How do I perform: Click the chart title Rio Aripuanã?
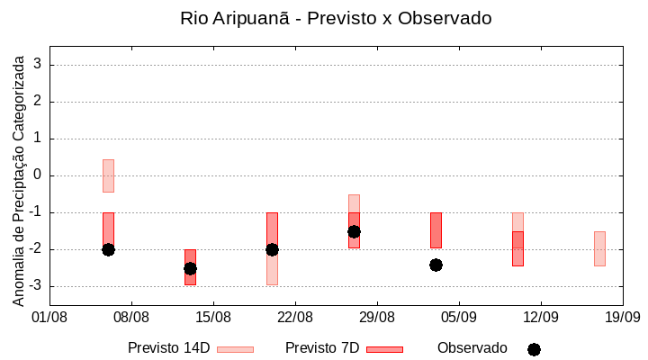pyautogui.click(x=336, y=18)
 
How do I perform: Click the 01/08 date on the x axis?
pyautogui.click(x=49, y=317)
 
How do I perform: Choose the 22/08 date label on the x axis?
pyautogui.click(x=295, y=317)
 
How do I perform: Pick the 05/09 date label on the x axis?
pyautogui.click(x=459, y=317)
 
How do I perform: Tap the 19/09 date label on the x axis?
pyautogui.click(x=622, y=317)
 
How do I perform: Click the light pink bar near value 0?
pyautogui.click(x=108, y=175)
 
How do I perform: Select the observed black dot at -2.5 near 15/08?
pyautogui.click(x=190, y=268)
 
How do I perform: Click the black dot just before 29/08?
pyautogui.click(x=354, y=231)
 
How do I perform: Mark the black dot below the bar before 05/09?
pyautogui.click(x=436, y=265)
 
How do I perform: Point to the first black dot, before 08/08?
pyautogui.click(x=108, y=249)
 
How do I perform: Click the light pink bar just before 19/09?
pyautogui.click(x=599, y=248)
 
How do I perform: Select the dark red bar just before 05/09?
pyautogui.click(x=436, y=229)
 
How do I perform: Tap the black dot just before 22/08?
pyautogui.click(x=272, y=249)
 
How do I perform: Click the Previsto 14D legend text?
pyautogui.click(x=168, y=348)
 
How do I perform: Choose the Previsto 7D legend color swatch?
pyautogui.click(x=384, y=349)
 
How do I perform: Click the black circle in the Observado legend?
pyautogui.click(x=534, y=349)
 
